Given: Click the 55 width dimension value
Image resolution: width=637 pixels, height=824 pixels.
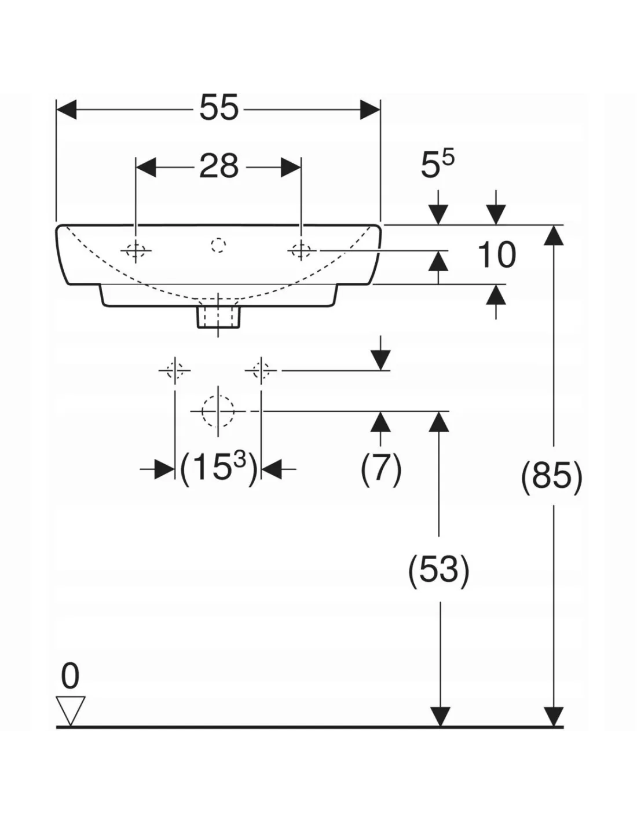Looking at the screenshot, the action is [x=219, y=108].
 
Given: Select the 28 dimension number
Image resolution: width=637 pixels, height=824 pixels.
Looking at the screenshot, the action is [x=219, y=166].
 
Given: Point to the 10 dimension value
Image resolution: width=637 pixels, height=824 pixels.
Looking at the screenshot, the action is [x=496, y=254].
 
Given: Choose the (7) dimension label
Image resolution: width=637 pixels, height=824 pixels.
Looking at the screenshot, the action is [x=380, y=469].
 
